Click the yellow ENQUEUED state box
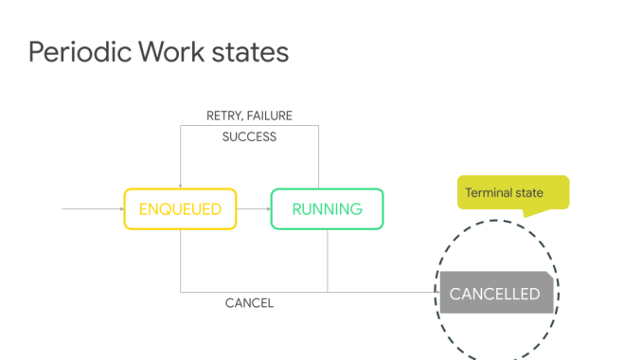coord(180,209)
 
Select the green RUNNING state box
coord(327,209)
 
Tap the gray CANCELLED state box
coord(494,294)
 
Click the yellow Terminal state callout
coord(512,192)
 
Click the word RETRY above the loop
coord(225,116)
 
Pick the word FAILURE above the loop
coord(271,116)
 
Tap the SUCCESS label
coord(249,136)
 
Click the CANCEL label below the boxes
coord(249,303)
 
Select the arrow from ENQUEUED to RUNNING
coord(253,209)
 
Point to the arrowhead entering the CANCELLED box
coord(436,292)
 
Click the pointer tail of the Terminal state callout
coord(527,213)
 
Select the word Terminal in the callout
coord(489,192)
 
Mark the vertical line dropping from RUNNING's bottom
coord(327,261)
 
